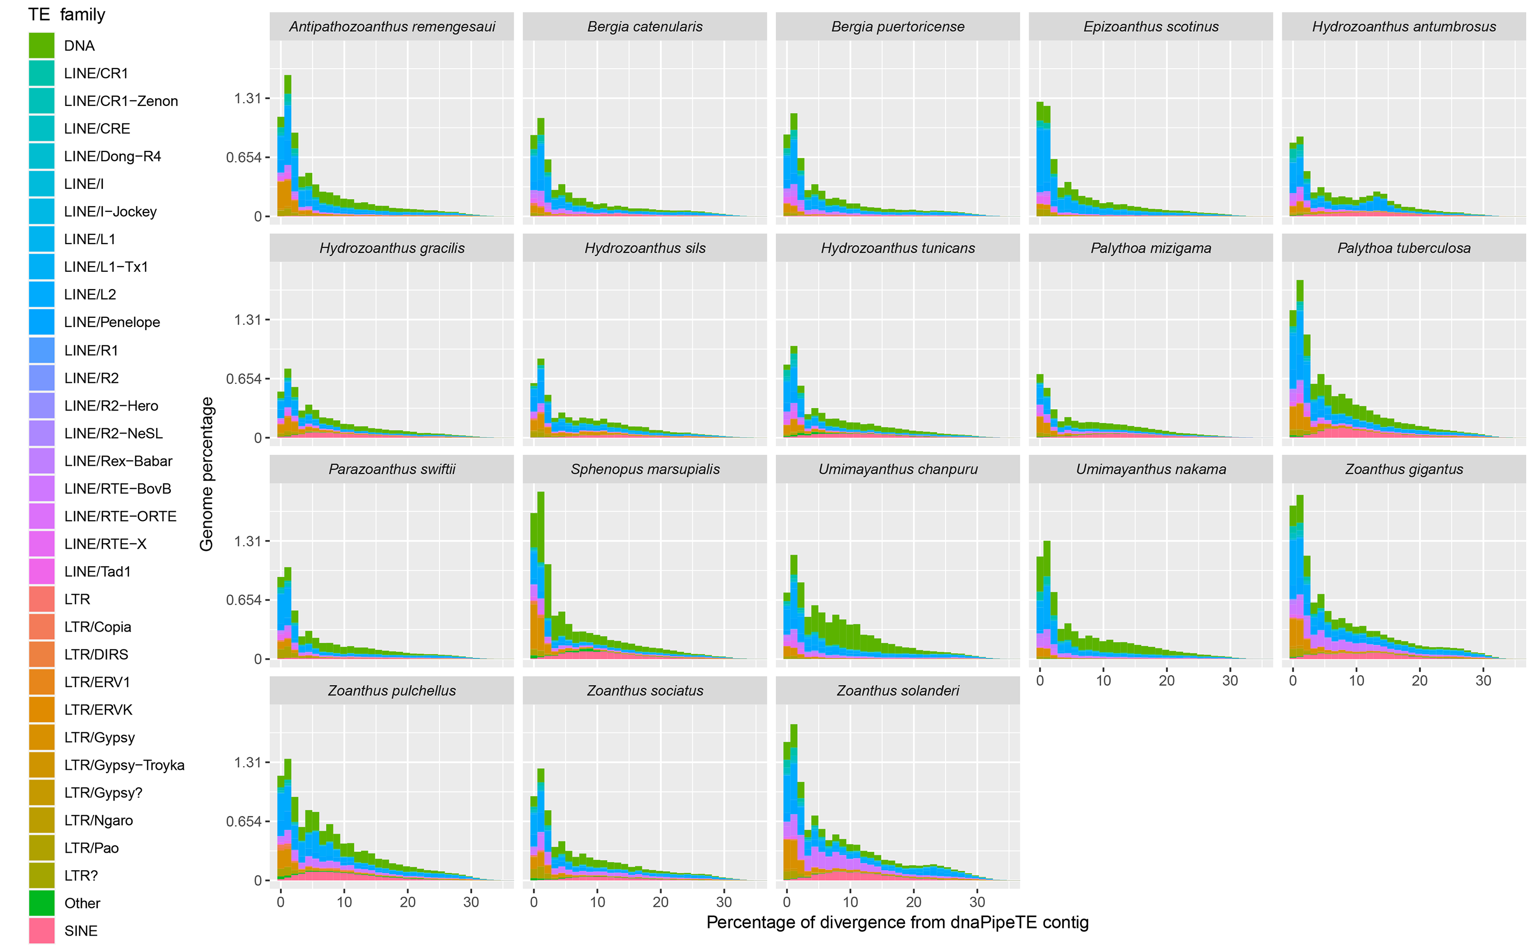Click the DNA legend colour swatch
41,46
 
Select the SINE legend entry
80,931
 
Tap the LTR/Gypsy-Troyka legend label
124,765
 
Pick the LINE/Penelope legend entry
112,322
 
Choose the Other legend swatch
41,903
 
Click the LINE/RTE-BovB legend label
117,489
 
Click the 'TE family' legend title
67,14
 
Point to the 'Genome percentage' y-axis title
206,474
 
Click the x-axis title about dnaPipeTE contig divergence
897,922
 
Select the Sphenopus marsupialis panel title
645,469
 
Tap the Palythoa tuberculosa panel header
1404,248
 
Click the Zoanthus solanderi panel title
897,690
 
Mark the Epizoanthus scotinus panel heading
1150,27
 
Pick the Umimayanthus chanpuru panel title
897,469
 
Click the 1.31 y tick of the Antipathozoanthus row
247,98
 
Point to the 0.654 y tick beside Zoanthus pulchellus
244,821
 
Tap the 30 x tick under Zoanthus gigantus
1483,681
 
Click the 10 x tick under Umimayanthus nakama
1103,681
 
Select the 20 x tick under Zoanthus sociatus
660,902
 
